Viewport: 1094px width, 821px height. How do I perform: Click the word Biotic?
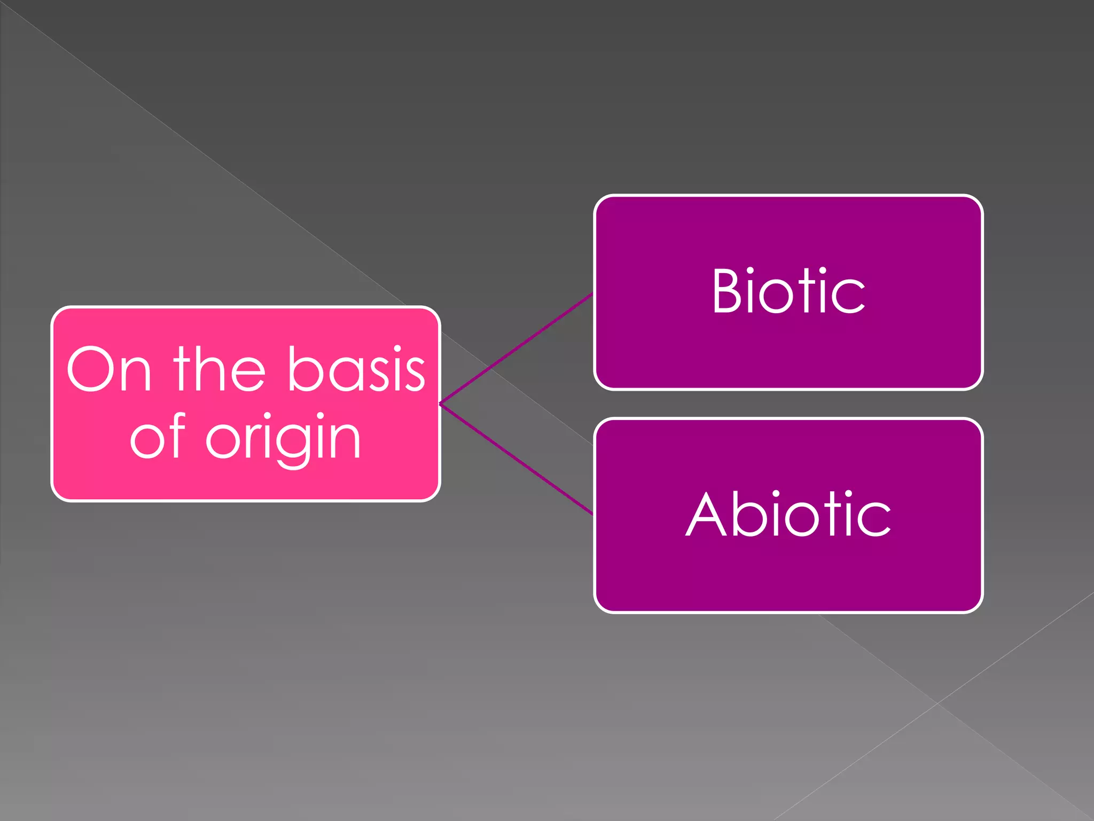pos(788,291)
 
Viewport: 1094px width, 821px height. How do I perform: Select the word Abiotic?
pos(788,514)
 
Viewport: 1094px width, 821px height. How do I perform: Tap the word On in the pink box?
pos(110,370)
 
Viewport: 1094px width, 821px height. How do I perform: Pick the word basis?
pos(356,370)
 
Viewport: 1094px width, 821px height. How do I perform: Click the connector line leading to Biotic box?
pos(515,348)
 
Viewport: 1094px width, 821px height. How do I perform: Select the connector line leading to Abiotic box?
pos(515,459)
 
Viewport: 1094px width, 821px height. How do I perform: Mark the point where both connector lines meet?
pos(440,404)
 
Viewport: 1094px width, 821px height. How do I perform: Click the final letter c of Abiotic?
pos(875,520)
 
